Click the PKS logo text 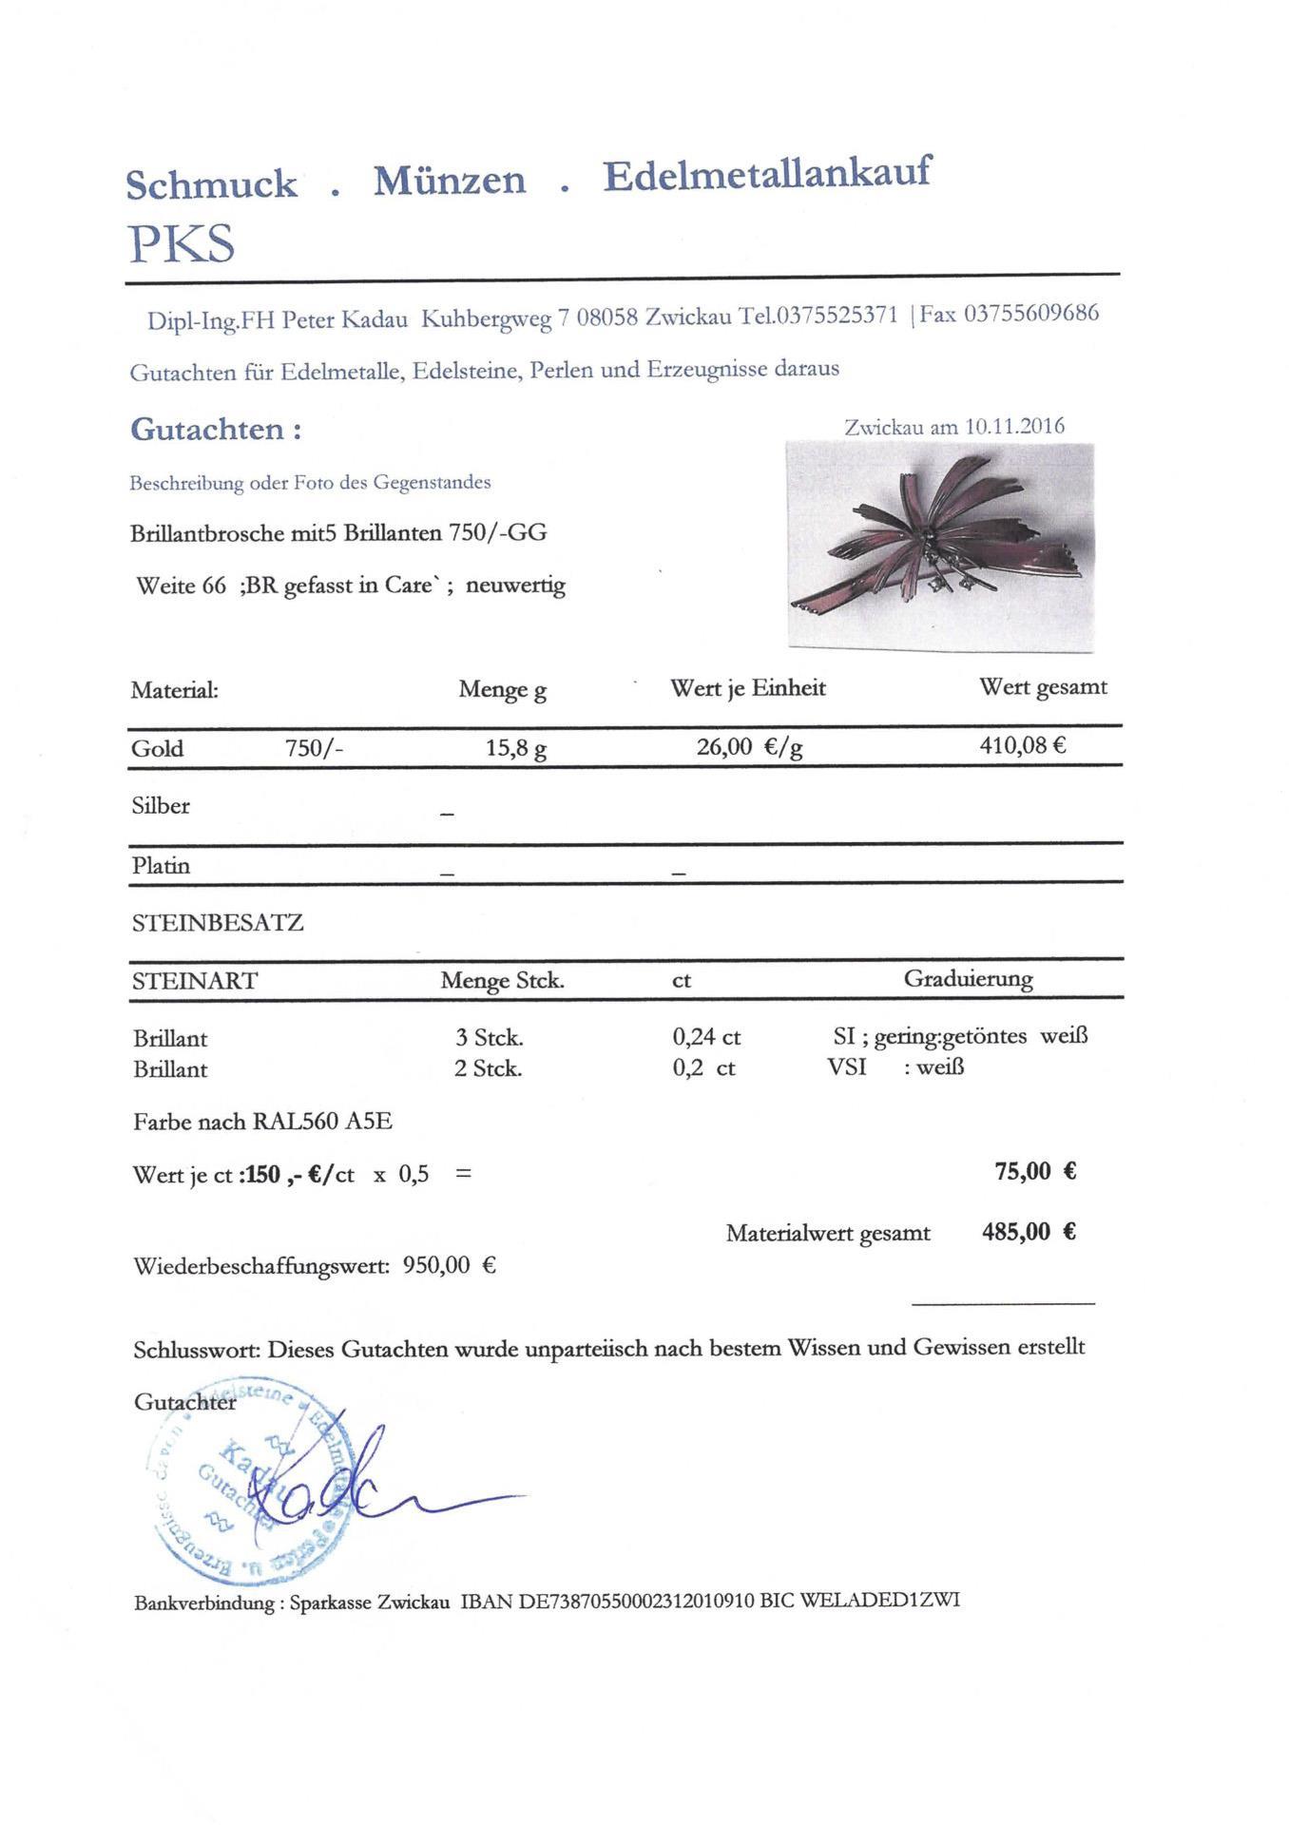point(182,244)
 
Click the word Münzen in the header point(449,181)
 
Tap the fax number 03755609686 point(1031,314)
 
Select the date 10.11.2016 point(1014,427)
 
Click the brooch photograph point(940,547)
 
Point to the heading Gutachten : point(216,430)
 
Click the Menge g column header point(502,689)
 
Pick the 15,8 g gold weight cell point(515,748)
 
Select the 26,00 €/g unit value point(749,747)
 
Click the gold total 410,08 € point(1023,745)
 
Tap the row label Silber point(161,806)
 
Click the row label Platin point(161,866)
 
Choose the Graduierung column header point(968,978)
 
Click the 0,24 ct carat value point(706,1037)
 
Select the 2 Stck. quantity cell point(488,1068)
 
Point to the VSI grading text point(847,1066)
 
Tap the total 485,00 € point(1029,1232)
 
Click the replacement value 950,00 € point(449,1265)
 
